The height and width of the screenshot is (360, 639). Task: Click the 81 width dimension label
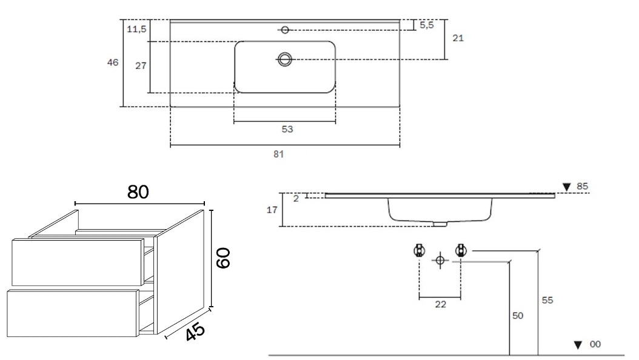coord(279,155)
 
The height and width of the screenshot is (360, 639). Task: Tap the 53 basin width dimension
coord(287,129)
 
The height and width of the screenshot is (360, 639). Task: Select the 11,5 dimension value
coord(136,29)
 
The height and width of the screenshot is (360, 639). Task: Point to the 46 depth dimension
coord(113,62)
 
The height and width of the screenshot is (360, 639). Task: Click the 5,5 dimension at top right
coord(427,25)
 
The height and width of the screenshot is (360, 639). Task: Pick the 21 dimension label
coord(458,38)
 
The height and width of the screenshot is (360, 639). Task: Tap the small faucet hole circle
coord(286,30)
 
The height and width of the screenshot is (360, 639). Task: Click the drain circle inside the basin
coord(285,59)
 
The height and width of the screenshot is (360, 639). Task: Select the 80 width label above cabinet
coord(138,192)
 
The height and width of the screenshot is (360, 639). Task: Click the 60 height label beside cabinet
coord(223,258)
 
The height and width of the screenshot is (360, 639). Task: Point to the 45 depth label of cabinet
coord(195,332)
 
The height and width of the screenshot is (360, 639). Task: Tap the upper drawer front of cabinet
coord(78,262)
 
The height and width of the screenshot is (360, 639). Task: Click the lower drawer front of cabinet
coord(73,313)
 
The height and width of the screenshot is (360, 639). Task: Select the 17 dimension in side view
coord(272,210)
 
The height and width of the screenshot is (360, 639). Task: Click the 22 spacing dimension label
coord(441,304)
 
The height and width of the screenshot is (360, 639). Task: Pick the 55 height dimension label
coord(547,300)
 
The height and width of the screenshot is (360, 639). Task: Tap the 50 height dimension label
coord(518,316)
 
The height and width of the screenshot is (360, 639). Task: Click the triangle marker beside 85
coord(566,187)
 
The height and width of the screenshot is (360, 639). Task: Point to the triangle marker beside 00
coord(578,345)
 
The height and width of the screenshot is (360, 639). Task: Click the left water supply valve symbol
coord(419,250)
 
